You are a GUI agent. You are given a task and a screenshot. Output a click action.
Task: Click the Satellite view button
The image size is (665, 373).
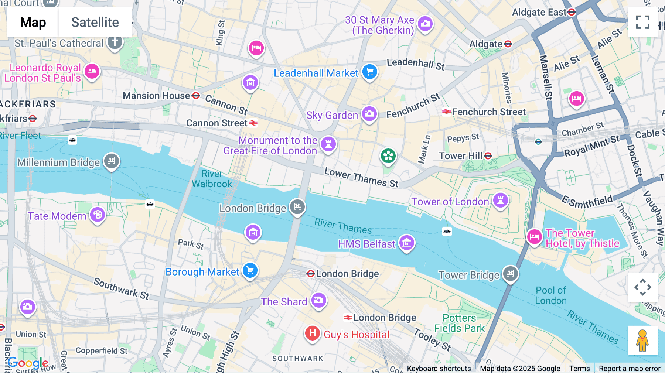point(95,22)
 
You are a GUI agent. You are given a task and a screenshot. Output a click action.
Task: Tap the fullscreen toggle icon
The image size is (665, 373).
point(642,22)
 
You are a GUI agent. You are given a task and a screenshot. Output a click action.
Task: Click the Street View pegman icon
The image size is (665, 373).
point(642,340)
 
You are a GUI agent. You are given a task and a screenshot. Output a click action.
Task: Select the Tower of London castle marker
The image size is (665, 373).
point(501,201)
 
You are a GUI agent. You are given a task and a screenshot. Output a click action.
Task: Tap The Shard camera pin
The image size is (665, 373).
point(318,300)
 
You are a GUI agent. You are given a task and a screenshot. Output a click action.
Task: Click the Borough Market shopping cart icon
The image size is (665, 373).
point(250,271)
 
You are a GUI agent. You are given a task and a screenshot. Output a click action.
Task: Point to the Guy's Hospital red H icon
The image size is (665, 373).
point(312,333)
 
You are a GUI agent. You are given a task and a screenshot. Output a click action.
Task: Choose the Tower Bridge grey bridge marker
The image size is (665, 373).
point(511,274)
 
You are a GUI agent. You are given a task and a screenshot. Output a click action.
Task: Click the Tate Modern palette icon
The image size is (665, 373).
point(98,215)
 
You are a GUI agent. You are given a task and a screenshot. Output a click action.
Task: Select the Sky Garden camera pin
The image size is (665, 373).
point(369,114)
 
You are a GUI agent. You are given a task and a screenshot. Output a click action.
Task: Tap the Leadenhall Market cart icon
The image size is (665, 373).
point(369,72)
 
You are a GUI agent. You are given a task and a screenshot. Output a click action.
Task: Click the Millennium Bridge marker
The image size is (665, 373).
point(112,161)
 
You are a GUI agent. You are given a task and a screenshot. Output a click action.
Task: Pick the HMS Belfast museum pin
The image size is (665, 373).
point(407,243)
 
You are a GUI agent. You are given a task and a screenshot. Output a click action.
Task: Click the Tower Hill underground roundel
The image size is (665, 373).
point(488,156)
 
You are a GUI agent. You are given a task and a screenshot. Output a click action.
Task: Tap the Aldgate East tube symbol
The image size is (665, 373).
point(572,12)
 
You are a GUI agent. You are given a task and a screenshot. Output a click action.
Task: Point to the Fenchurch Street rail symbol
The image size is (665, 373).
point(446,112)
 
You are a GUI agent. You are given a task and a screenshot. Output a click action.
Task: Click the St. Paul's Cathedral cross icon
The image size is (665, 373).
point(115,42)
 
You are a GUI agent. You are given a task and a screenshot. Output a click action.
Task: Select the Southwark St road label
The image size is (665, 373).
point(121,288)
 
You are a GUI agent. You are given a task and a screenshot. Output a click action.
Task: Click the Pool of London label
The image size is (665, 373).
point(551,295)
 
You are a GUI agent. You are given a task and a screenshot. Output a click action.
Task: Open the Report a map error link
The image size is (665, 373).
point(630,369)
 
